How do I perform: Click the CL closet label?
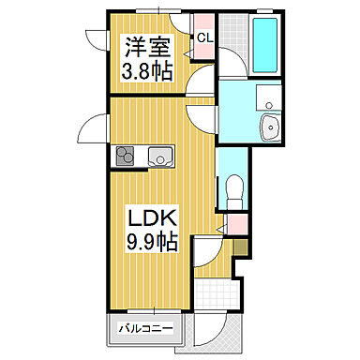tap(202, 37)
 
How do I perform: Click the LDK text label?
tap(147, 218)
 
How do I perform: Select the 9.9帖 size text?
tap(148, 241)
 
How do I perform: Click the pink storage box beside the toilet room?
tap(238, 225)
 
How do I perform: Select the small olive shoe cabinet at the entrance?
tap(240, 247)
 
